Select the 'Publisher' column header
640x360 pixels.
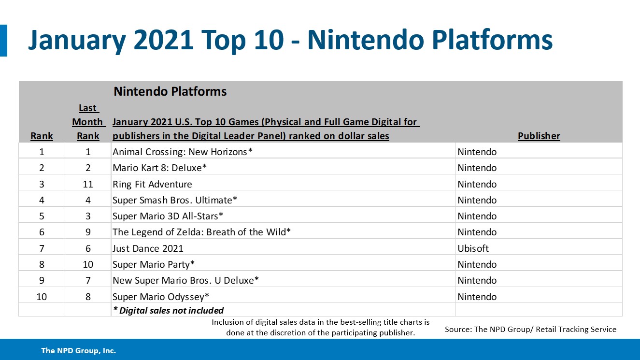[x=539, y=136]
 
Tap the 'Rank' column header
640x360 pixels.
[x=42, y=136]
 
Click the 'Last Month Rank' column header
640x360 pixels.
[x=88, y=122]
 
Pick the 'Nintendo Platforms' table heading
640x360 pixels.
[x=170, y=91]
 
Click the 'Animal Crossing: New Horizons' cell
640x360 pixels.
[x=183, y=152]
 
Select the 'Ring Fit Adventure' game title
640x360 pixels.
[x=152, y=184]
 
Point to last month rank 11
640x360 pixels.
[x=88, y=184]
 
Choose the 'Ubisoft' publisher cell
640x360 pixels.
[x=473, y=248]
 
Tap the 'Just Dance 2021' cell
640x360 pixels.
[x=148, y=248]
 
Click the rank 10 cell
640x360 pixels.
[x=42, y=297]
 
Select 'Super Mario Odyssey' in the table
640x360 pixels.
[x=161, y=297]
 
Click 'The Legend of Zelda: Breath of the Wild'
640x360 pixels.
[x=201, y=232]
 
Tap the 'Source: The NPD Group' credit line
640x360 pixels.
[x=530, y=329]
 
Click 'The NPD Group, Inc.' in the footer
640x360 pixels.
[x=78, y=351]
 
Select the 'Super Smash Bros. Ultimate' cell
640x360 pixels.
[x=175, y=200]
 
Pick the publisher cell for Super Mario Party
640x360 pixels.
[x=477, y=264]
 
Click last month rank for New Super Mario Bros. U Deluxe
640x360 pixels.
[x=88, y=280]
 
